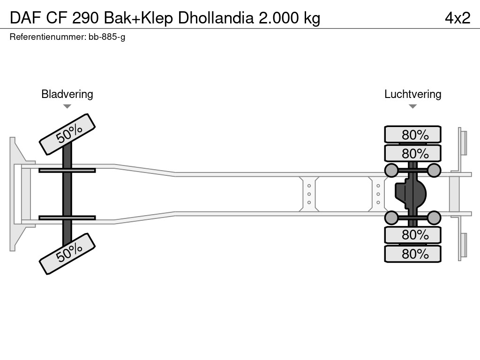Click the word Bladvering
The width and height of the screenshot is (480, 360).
pos(67,94)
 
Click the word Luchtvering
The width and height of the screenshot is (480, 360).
pos(412,94)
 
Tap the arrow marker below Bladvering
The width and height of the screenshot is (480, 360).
pos(67,106)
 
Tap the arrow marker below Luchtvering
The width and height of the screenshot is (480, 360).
pos(412,106)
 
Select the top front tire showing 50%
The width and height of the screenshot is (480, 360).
pos(67,134)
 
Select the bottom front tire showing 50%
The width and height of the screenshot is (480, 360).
pos(67,253)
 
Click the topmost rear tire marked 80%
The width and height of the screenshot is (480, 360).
pos(412,135)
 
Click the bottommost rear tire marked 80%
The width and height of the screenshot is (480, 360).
pos(412,254)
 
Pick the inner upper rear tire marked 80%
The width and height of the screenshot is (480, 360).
pos(412,153)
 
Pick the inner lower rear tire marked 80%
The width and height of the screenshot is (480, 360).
pos(412,234)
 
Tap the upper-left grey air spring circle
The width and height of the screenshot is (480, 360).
pos(391,170)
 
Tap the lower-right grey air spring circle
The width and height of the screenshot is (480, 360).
pos(434,217)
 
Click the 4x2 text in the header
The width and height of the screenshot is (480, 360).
pos(457,18)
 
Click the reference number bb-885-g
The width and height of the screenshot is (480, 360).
pos(106,37)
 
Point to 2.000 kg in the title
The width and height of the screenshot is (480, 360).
pos(290,18)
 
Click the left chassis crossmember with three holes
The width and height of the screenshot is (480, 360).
pos(309,194)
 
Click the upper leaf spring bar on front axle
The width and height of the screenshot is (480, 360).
pos(67,170)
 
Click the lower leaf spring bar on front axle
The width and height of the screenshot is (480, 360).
pos(67,217)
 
